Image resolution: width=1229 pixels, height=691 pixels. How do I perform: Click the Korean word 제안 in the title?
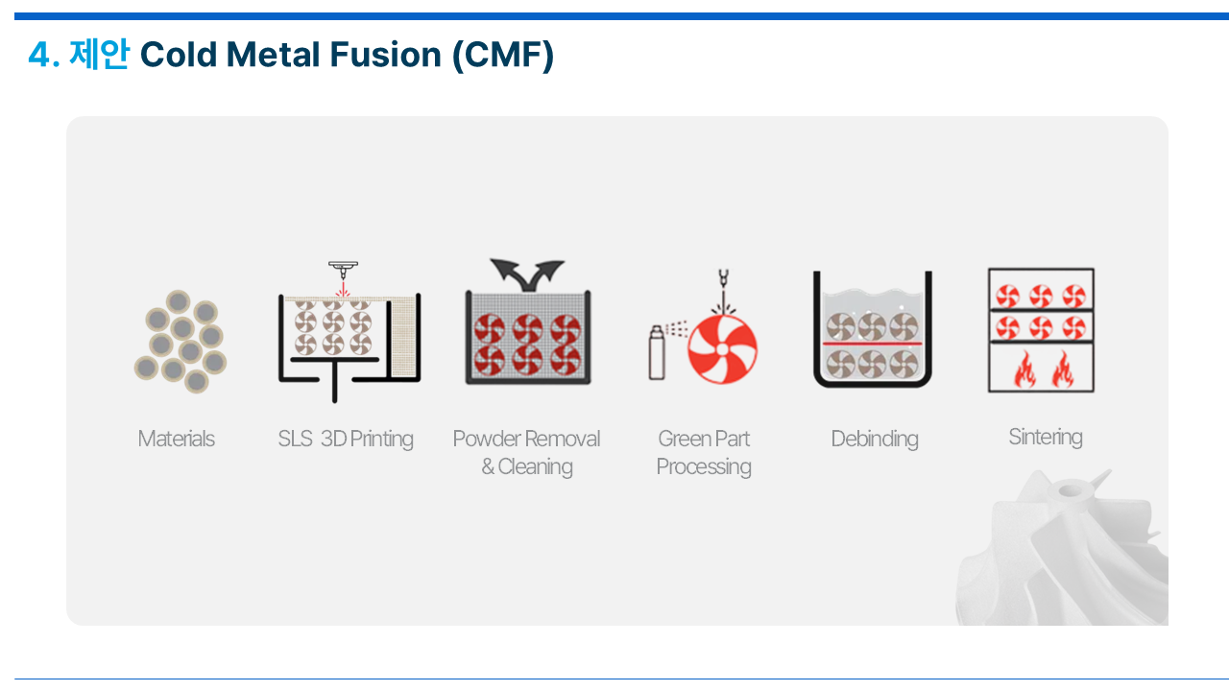coord(99,55)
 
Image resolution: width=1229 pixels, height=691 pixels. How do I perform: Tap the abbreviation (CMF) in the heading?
coord(502,56)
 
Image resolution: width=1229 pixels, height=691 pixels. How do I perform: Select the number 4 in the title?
coord(39,55)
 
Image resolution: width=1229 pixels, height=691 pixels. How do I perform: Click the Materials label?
coord(176,439)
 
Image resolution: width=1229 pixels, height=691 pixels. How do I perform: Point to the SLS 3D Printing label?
coord(346,440)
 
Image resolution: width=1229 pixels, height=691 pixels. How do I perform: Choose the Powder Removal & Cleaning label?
coord(527,452)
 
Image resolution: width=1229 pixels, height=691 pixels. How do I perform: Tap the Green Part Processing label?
coord(704,452)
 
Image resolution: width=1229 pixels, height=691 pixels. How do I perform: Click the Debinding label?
coord(875,440)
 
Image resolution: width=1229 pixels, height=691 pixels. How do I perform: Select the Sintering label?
coord(1046,437)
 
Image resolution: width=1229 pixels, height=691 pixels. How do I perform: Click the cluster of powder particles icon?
coord(181,341)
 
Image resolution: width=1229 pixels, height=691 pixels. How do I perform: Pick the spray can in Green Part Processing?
coord(657,352)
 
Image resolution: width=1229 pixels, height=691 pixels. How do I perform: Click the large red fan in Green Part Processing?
coord(722,348)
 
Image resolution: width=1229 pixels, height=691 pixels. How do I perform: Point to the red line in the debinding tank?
coord(872,344)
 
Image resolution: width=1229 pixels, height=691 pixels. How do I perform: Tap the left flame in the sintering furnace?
coord(1024,369)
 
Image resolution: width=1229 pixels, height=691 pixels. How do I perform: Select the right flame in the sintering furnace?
coord(1063,369)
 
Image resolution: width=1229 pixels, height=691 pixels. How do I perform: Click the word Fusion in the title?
coord(385,55)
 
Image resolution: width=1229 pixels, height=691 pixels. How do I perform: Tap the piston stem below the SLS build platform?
coord(335,382)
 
